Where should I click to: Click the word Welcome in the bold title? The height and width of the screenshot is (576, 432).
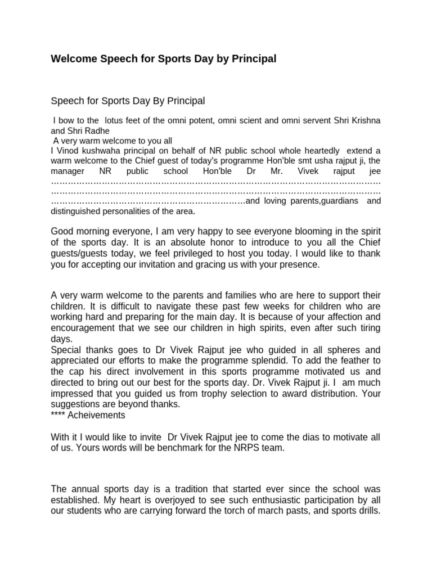click(72, 58)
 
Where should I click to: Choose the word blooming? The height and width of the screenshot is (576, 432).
click(296, 231)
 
